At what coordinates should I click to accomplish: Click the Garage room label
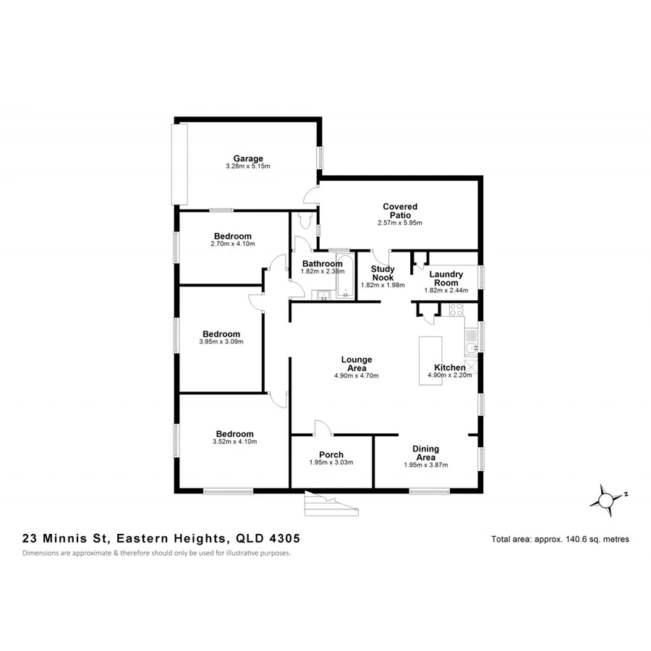point(247,158)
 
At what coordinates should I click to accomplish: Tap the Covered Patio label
point(400,210)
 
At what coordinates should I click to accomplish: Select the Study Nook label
point(383,273)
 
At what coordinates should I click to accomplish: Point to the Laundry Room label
point(446,278)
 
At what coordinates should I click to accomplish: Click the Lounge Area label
point(357,363)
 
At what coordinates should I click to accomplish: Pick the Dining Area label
point(425,453)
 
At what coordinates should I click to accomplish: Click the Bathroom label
point(322,263)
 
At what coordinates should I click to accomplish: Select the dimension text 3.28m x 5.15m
point(247,167)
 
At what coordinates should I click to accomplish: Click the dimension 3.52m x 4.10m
point(235,442)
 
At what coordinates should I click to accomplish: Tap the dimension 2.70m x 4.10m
point(232,244)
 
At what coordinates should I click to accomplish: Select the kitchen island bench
point(433,361)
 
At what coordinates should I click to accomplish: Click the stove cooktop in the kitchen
point(456,310)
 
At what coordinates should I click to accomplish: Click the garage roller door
point(179,164)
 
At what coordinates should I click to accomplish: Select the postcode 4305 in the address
point(284,538)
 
